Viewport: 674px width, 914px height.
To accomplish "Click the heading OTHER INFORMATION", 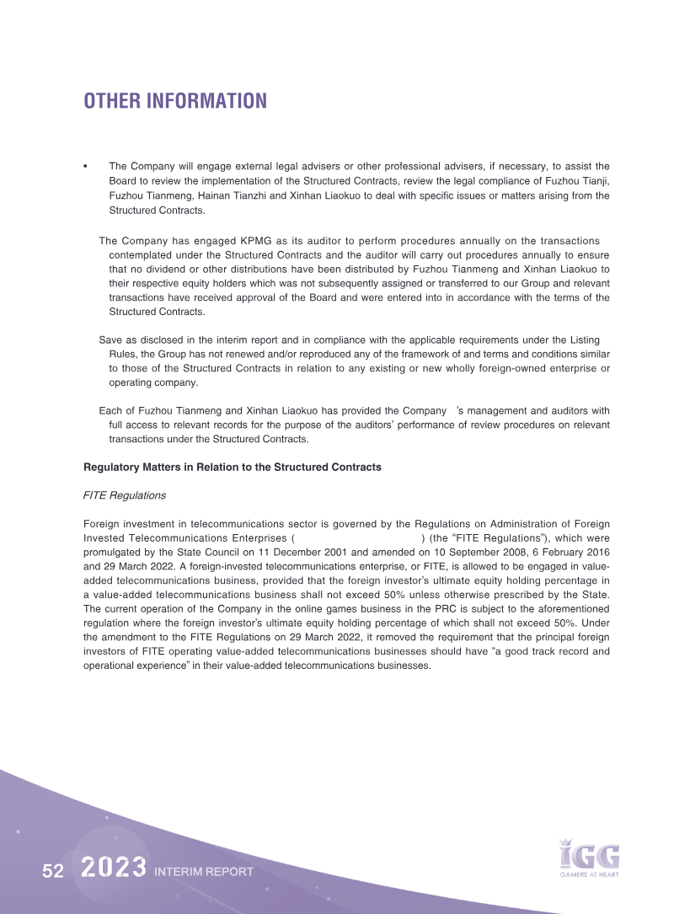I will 175,101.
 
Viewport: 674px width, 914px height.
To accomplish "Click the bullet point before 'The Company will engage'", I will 87,167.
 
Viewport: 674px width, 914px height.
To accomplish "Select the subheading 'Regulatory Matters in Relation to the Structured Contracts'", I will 233,467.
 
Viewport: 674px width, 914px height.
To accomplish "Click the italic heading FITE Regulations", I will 125,495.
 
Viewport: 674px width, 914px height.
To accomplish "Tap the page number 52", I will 53,872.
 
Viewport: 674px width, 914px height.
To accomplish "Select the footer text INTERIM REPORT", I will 204,872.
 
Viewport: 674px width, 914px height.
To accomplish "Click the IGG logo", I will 590,854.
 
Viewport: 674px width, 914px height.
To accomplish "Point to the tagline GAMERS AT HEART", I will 590,875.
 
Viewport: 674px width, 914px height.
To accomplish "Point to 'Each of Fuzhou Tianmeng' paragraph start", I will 157,410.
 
